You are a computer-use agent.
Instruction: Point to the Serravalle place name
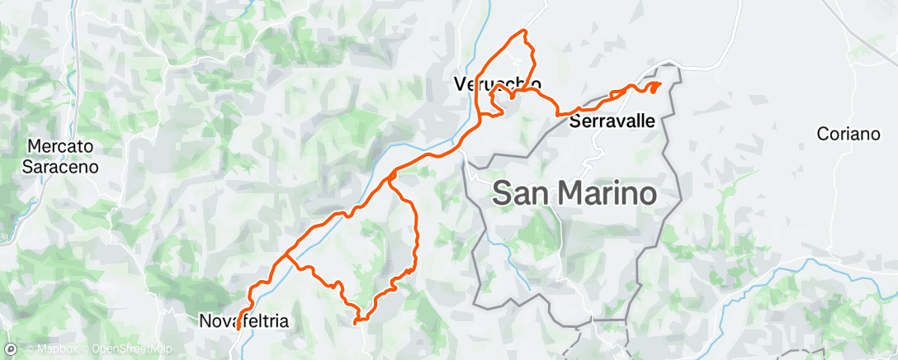coord(612,121)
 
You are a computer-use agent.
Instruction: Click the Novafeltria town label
coord(244,321)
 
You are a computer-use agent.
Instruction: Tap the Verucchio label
coord(498,83)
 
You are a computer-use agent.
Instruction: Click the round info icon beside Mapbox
coord(10,349)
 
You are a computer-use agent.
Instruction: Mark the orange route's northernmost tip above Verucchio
coord(522,31)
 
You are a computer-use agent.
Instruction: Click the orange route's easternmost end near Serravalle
coord(660,83)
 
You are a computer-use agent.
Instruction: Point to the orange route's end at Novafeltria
coord(238,329)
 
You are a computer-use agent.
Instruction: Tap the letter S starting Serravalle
coord(574,121)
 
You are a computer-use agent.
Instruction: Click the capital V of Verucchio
coord(460,83)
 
